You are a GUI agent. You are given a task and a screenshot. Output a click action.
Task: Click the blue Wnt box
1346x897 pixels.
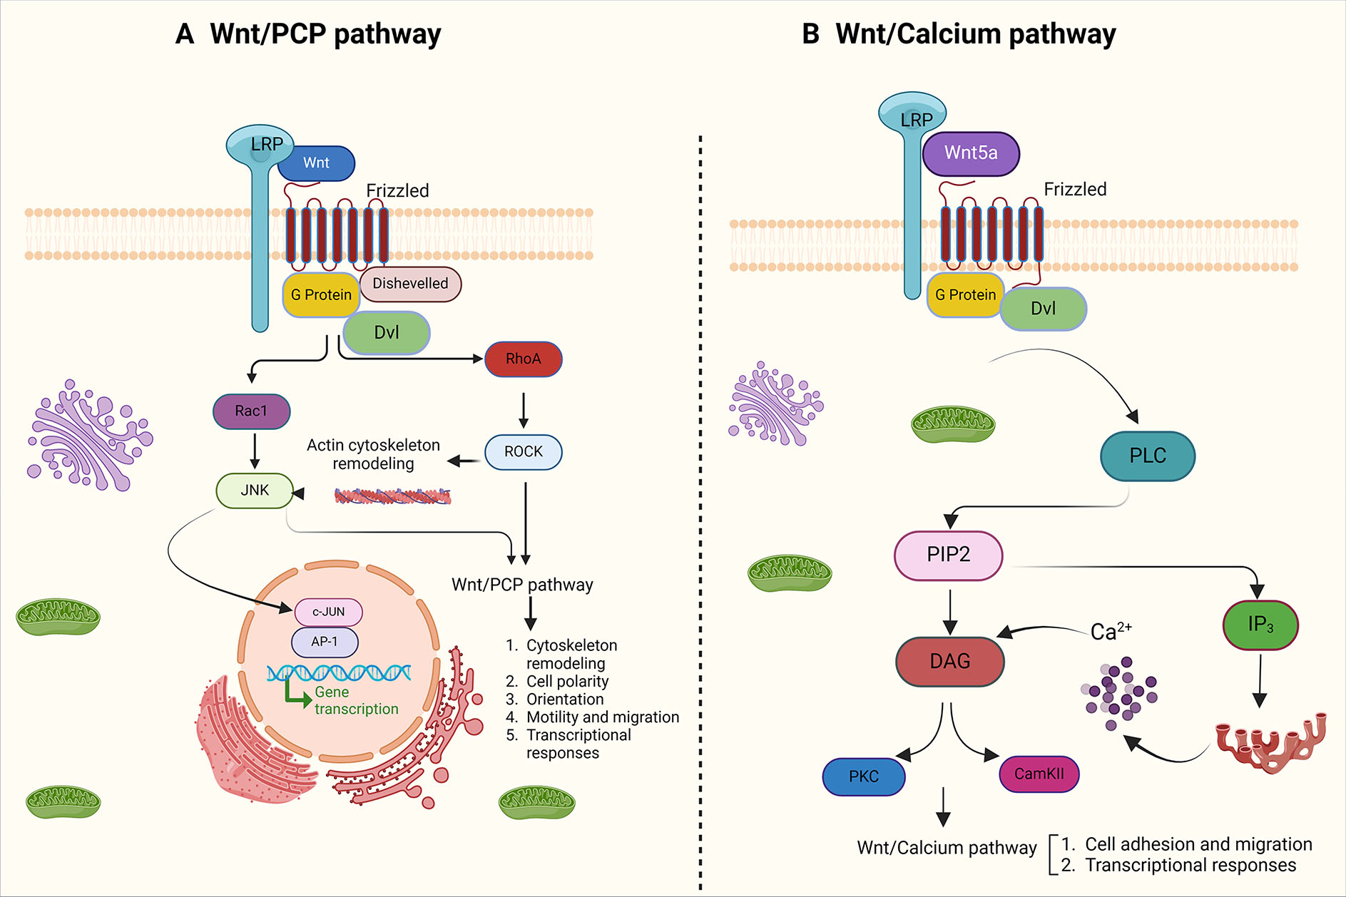[x=316, y=163]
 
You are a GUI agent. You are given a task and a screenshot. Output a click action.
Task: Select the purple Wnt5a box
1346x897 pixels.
[x=971, y=153]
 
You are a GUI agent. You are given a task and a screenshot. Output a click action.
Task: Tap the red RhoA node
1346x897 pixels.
[x=523, y=359]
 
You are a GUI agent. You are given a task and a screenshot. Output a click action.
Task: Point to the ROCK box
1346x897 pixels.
[x=523, y=452]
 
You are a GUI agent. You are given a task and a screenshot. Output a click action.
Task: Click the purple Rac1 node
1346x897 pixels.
[x=251, y=411]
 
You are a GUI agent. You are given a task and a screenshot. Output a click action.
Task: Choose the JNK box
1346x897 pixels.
[x=255, y=491]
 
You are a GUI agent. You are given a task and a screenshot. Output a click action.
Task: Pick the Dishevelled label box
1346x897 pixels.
[x=410, y=284]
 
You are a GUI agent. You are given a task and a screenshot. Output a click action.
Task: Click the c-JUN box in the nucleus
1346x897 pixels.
[x=328, y=612]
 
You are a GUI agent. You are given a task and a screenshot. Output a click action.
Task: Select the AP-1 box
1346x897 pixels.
[x=325, y=642]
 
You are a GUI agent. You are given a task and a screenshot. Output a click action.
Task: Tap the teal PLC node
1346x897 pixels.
[x=1147, y=456]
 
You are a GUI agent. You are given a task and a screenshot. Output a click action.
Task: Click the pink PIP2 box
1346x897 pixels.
[x=948, y=555]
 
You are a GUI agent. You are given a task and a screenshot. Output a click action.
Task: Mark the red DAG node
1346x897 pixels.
[x=949, y=662]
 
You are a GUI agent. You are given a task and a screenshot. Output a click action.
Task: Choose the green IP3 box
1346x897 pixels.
[x=1260, y=625]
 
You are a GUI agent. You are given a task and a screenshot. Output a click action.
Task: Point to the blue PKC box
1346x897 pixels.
[x=863, y=776]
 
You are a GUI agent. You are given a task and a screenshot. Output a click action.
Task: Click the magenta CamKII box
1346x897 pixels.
[x=1039, y=774]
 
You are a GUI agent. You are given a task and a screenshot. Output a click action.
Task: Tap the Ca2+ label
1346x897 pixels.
[x=1110, y=631]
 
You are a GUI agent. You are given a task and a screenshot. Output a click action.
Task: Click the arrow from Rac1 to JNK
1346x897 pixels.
[x=255, y=451]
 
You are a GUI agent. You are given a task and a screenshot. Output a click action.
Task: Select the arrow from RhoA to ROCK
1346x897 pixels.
[x=524, y=409]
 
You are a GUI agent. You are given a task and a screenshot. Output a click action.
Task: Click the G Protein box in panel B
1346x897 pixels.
[x=964, y=295]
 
